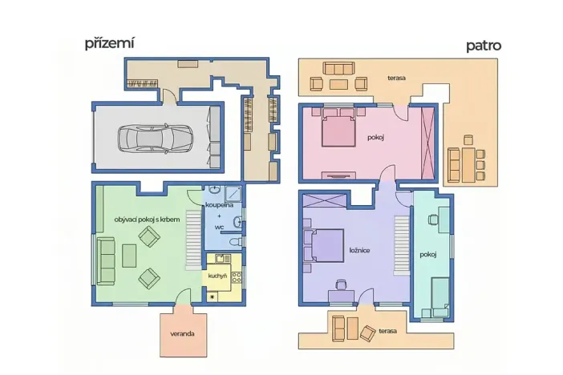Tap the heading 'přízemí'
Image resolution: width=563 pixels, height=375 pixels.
109,43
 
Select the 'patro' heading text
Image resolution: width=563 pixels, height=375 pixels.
484,46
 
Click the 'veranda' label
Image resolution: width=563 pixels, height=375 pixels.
182,333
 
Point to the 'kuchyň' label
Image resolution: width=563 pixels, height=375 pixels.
217,276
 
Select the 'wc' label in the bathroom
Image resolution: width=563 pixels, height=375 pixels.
219,228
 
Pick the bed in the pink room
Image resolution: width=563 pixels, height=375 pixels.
338,130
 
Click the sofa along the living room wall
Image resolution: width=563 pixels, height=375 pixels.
106,258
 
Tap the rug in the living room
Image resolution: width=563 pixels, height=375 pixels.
129,256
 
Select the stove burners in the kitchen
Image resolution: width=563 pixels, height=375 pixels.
237,277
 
